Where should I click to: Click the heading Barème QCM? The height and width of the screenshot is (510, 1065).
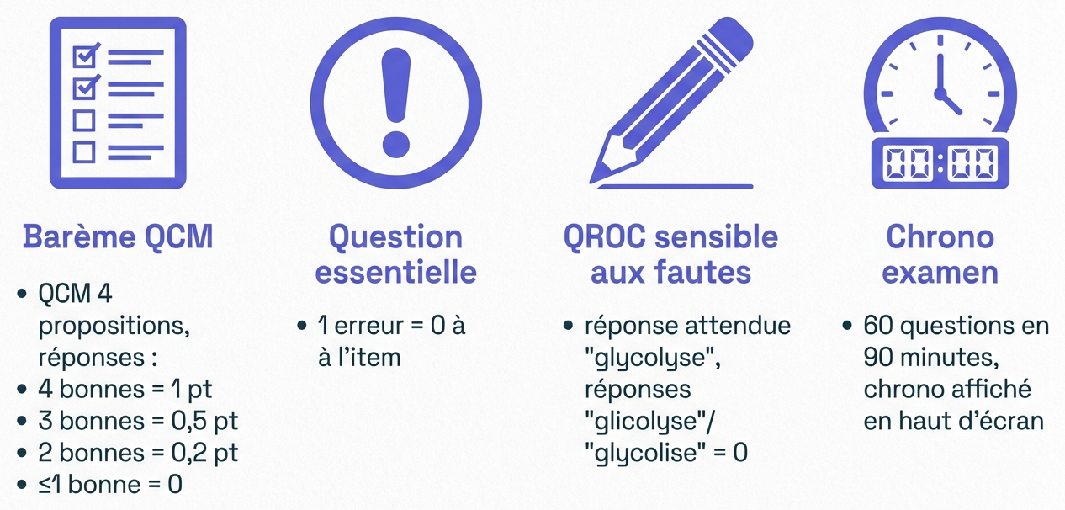[118, 237]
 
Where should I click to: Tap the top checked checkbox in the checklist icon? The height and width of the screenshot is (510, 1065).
[86, 56]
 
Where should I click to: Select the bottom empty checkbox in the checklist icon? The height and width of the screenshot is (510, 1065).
[84, 152]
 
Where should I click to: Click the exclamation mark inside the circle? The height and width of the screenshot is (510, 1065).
[396, 103]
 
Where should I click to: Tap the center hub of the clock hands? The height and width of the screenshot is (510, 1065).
[940, 93]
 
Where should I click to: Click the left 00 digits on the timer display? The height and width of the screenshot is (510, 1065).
[908, 164]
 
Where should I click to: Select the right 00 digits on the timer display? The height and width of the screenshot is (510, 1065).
[972, 164]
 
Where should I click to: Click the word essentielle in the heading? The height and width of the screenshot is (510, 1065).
[396, 272]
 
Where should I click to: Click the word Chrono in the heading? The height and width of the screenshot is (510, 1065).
[940, 237]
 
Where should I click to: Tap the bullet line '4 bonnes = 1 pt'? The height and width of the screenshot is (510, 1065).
[125, 389]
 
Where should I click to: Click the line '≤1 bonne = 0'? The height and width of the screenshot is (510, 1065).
[110, 485]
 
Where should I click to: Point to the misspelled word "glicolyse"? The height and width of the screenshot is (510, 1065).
[646, 422]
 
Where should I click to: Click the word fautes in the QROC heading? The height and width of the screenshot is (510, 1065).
[702, 272]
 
